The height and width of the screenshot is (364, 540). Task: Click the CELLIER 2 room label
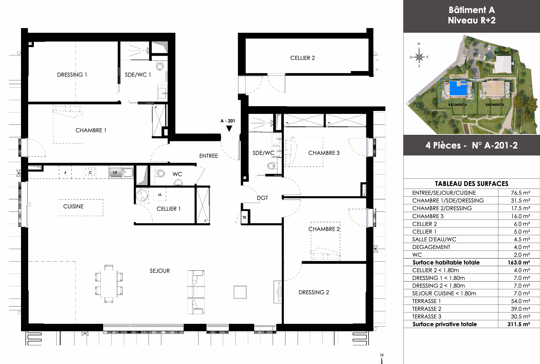coord(302,58)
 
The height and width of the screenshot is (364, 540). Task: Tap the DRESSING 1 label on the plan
coord(72,75)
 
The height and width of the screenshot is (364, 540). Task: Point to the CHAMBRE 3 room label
coord(324,153)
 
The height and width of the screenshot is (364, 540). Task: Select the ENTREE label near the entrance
coord(209,156)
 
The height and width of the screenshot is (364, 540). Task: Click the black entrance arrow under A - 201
coord(229,129)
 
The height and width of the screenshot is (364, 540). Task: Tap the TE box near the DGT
coord(244,217)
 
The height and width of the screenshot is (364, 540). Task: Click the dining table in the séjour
coord(109,284)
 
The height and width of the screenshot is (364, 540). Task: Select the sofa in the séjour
coord(196,292)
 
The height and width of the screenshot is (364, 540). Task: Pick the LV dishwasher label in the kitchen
coord(115,172)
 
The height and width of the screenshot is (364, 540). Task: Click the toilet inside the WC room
coord(160,174)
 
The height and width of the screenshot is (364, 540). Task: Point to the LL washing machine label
coord(160,195)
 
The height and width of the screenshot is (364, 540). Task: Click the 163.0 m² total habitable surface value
coord(519,263)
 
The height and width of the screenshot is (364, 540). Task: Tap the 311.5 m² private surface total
coord(519,324)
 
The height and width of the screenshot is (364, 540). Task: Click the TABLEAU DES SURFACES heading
coord(471,184)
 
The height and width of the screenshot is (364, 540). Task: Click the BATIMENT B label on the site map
coord(495,105)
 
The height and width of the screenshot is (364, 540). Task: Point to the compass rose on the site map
coord(419,57)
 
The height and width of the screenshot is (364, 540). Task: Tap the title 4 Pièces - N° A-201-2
coord(471,145)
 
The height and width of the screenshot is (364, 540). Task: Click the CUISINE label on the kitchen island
coord(73,206)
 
